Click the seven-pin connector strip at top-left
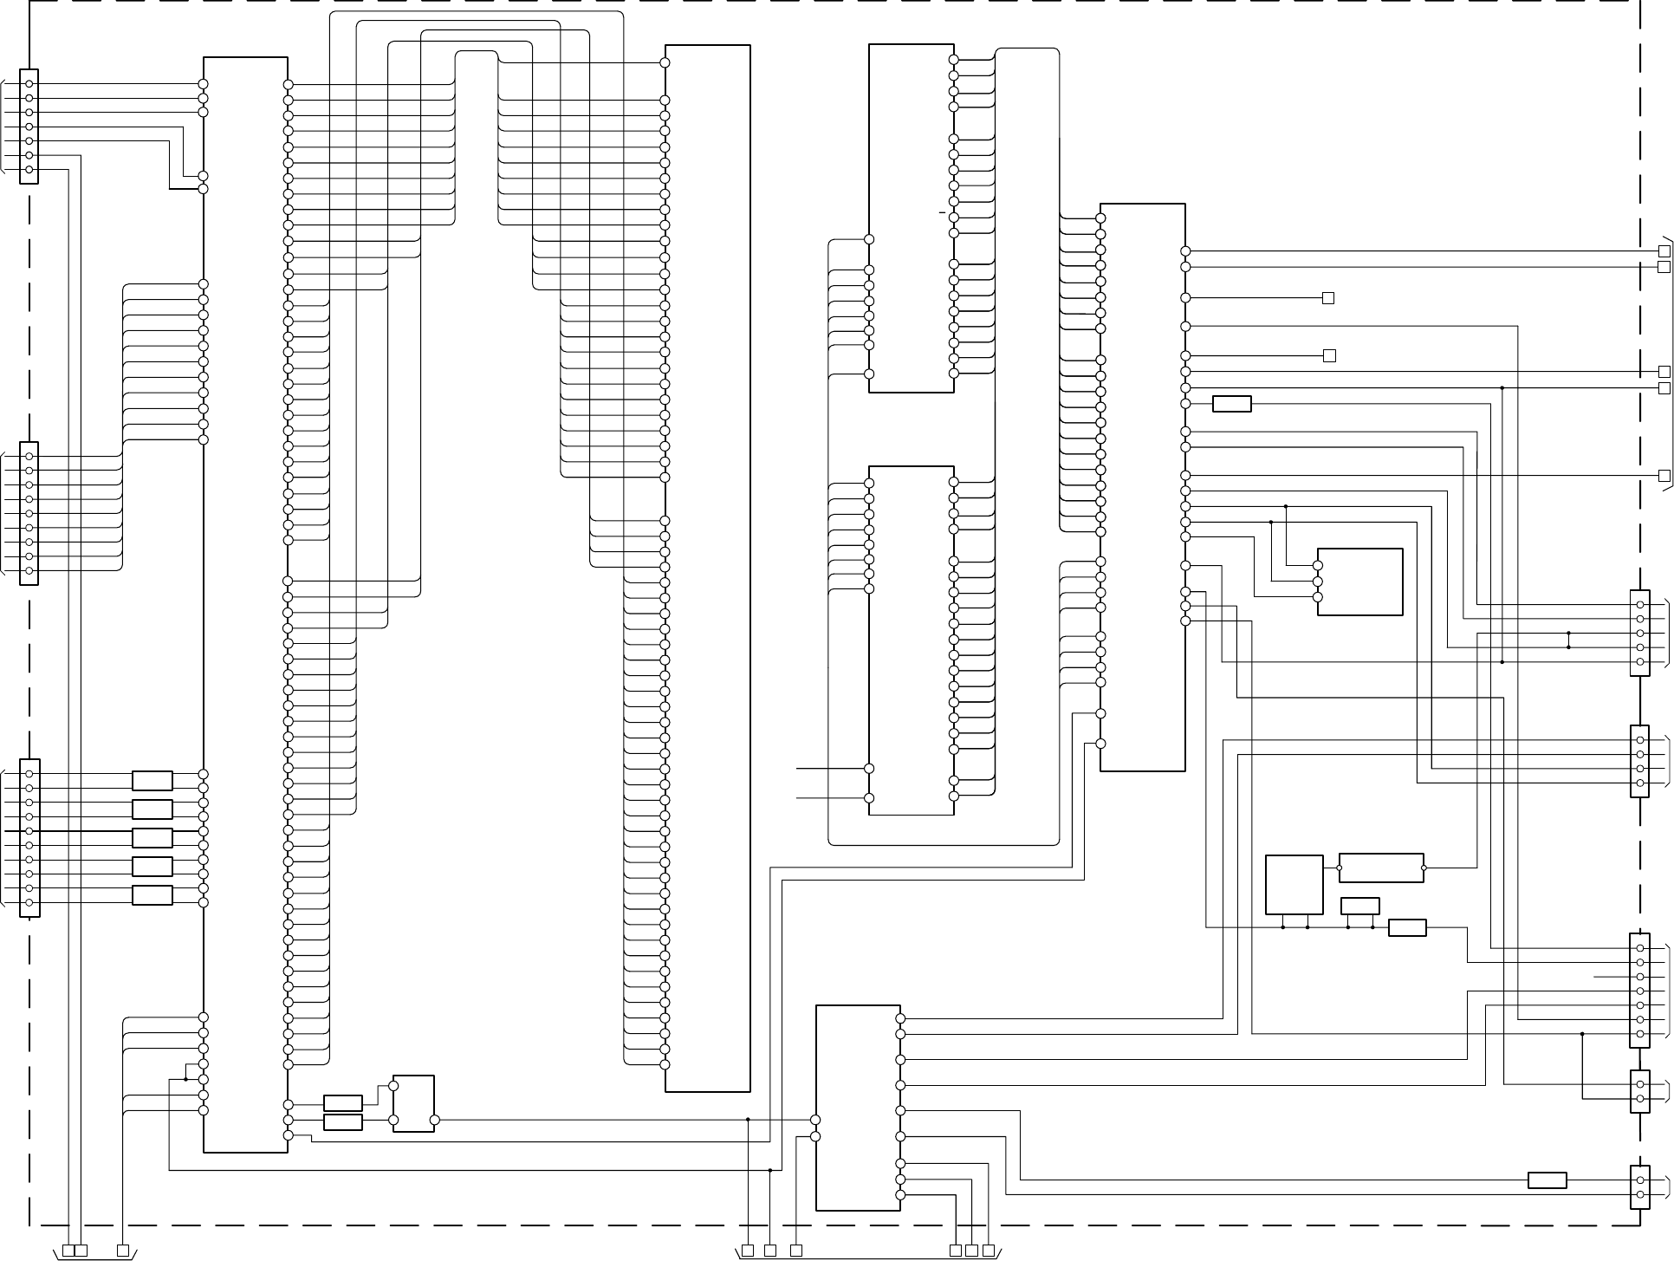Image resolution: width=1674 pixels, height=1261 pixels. (29, 127)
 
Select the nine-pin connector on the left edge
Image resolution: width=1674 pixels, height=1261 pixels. (29, 513)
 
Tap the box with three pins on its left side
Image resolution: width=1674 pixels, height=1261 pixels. (1359, 582)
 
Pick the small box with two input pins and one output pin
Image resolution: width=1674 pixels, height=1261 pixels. (413, 1103)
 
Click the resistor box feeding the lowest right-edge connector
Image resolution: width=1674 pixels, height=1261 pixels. (1547, 1180)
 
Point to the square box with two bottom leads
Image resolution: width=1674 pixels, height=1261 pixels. (1294, 884)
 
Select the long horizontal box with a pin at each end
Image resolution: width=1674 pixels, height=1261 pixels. (1381, 868)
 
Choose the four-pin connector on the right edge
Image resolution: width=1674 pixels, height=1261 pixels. (1639, 761)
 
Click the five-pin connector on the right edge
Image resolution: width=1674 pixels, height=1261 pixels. (1639, 633)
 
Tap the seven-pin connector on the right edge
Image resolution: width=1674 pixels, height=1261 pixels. (1639, 991)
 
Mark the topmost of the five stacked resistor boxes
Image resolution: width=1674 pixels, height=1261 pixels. (152, 781)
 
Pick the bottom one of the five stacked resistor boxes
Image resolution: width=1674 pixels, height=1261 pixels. (152, 895)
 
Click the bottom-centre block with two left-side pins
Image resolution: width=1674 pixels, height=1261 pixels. (858, 1108)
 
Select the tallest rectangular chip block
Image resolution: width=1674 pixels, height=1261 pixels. (245, 605)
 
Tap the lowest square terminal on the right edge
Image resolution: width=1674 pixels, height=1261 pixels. (1664, 476)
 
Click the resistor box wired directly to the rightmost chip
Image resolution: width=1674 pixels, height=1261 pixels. (1231, 404)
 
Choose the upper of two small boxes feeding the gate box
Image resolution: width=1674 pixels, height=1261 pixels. (342, 1103)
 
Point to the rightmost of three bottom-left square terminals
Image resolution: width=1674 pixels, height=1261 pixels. (123, 1250)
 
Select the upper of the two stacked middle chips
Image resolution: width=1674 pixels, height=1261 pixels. (912, 218)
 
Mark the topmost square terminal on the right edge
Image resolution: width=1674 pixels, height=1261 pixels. (1664, 251)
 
